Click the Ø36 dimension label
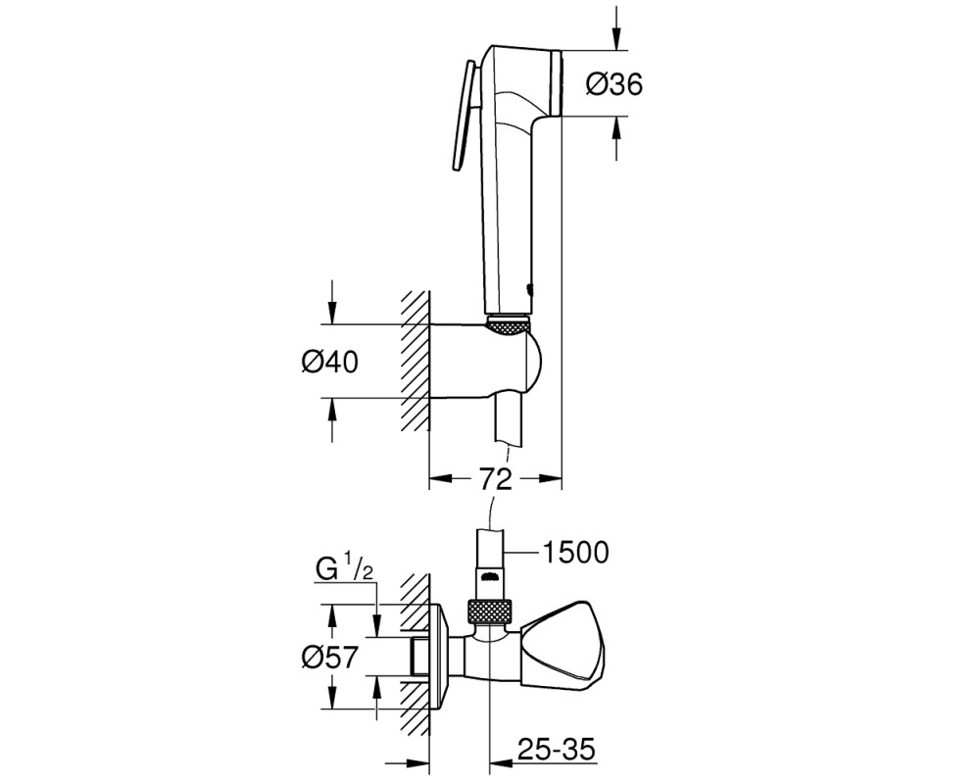click(614, 83)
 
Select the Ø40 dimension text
click(330, 362)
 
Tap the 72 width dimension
click(496, 479)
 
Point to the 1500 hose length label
click(574, 552)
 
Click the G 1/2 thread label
click(345, 570)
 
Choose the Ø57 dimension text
click(330, 657)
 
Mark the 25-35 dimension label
click(557, 749)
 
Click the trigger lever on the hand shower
click(464, 115)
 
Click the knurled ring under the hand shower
click(508, 324)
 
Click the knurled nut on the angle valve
click(491, 611)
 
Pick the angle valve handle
click(562, 643)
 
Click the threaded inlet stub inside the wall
click(418, 657)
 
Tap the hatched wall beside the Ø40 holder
click(415, 361)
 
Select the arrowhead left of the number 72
click(441, 479)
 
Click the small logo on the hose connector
click(491, 574)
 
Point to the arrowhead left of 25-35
click(501, 763)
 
